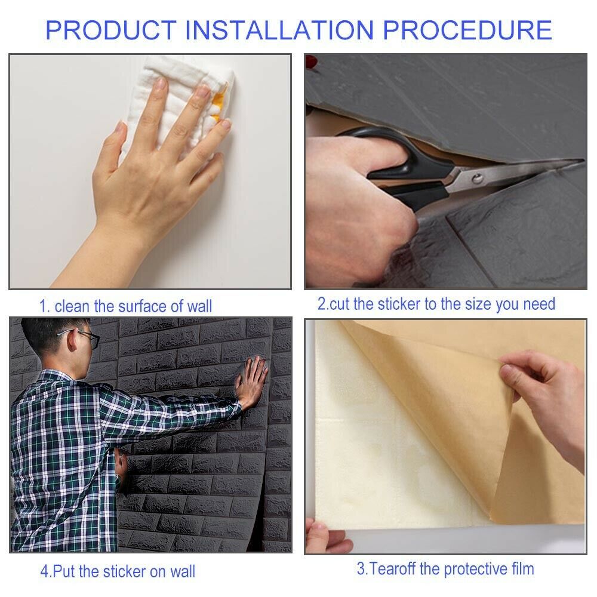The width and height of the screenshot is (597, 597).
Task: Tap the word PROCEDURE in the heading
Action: (467, 30)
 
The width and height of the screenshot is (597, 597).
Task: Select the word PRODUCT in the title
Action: (111, 30)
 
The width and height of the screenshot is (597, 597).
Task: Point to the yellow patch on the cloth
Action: (218, 103)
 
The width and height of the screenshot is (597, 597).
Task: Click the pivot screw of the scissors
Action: (476, 178)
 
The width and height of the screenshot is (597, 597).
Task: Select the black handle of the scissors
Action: (404, 168)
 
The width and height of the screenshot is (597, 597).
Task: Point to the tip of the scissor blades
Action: (583, 160)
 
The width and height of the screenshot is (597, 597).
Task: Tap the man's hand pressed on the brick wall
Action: (251, 381)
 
